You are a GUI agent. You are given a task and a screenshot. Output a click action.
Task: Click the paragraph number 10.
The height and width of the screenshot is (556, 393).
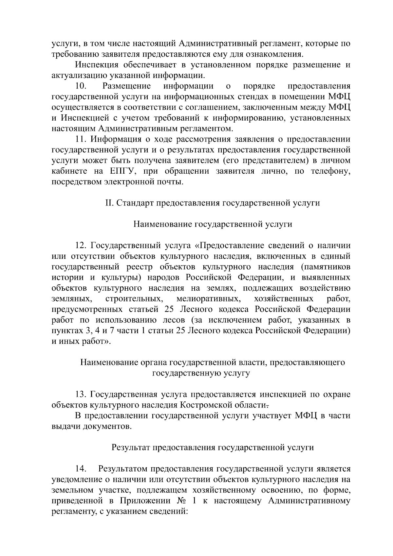point(81,86)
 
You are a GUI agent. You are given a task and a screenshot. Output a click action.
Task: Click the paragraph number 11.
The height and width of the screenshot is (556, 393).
point(81,139)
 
